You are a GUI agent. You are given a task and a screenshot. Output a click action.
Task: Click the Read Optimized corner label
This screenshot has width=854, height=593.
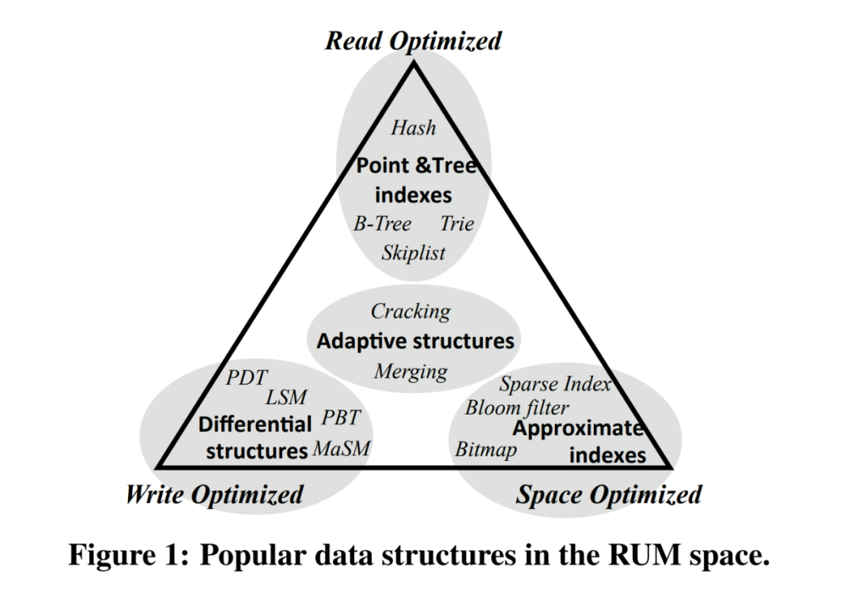[x=413, y=41]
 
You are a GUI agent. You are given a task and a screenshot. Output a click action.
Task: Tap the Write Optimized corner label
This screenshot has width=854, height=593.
[x=214, y=496]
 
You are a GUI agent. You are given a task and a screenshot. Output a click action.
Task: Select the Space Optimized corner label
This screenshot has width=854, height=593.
[x=608, y=496]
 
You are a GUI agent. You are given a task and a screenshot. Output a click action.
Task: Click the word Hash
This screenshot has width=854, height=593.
[x=413, y=128]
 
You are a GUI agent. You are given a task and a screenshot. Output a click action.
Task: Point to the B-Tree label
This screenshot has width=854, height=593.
[x=382, y=224]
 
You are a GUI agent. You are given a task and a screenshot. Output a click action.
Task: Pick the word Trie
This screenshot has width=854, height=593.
[x=456, y=224]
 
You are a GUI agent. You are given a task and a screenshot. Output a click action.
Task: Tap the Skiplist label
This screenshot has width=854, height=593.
[x=413, y=253]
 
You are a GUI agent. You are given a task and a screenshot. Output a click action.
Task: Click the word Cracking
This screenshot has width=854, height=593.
[x=411, y=312]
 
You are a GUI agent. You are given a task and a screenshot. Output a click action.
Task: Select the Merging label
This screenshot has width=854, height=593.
[x=411, y=371]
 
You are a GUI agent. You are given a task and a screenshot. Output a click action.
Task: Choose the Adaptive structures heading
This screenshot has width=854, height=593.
[x=415, y=342]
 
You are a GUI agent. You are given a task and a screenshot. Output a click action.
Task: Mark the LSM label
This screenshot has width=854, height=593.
[x=285, y=398]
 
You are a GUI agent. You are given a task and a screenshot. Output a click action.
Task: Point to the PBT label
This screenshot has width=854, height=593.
[x=342, y=418]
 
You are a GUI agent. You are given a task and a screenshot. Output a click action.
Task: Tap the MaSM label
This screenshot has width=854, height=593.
[x=342, y=449]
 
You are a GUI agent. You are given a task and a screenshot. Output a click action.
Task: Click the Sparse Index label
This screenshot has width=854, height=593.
[x=555, y=384]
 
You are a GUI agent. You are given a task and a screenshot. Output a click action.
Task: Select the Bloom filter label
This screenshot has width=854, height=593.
[x=516, y=408]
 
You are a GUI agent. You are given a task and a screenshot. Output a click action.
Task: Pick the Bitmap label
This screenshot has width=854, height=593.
[x=486, y=450]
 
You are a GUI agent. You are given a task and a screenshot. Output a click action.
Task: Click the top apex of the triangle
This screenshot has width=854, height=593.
[x=413, y=63]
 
